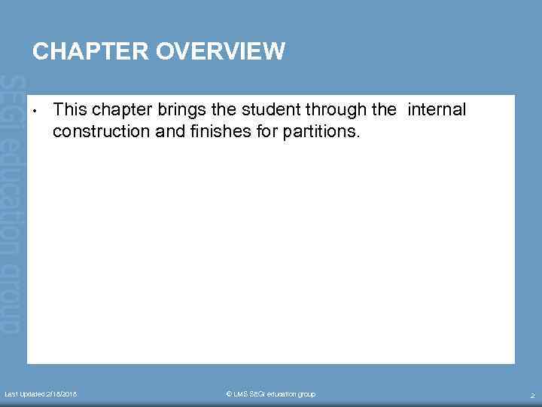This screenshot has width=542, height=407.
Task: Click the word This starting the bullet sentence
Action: click(x=70, y=110)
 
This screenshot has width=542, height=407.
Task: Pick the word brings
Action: click(x=181, y=110)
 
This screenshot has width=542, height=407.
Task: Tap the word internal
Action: click(x=437, y=110)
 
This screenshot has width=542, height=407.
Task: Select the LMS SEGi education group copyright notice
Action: click(x=270, y=394)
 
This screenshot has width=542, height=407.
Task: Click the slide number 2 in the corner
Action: click(x=531, y=395)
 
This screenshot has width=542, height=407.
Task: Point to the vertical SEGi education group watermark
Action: click(x=13, y=203)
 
